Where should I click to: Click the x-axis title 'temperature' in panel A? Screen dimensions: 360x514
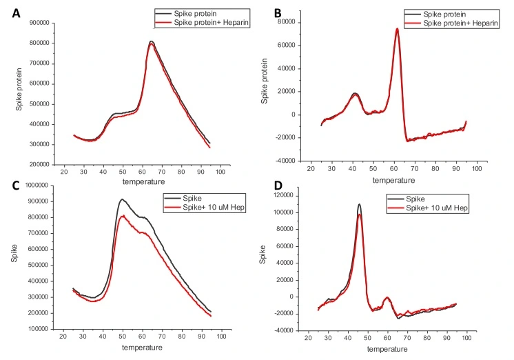(142, 181)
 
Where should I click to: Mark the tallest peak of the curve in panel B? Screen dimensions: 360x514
(398, 29)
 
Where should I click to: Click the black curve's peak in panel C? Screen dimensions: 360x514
(121, 199)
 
